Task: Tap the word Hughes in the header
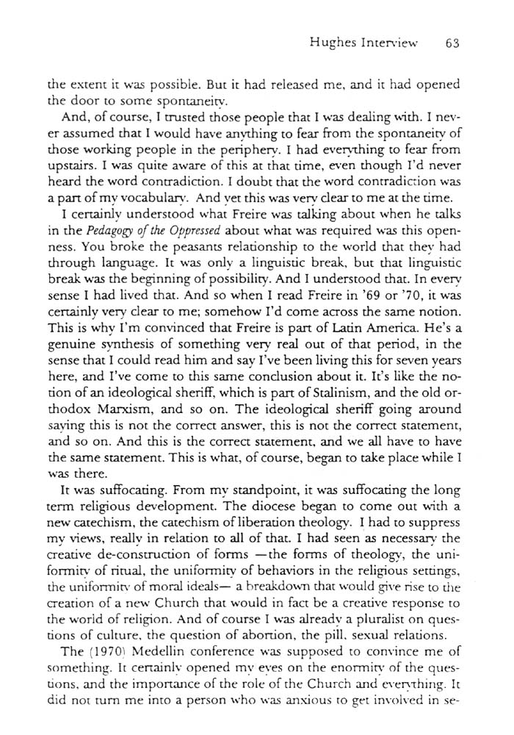pyautogui.click(x=334, y=43)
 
